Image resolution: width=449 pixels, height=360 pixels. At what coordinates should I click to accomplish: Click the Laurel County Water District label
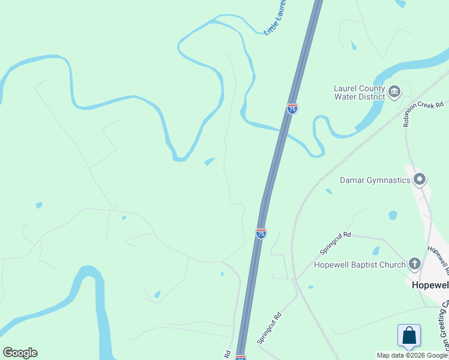tap(359, 92)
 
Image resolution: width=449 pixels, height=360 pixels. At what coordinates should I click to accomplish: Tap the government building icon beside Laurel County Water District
tap(394, 92)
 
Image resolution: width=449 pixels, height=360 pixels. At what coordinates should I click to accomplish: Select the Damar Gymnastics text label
tap(375, 179)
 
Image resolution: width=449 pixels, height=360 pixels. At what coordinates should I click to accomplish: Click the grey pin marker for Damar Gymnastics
tap(420, 179)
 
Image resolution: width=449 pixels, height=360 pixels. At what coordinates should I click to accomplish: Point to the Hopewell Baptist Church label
tap(360, 264)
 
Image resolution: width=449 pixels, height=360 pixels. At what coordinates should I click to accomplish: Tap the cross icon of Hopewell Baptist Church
tap(414, 263)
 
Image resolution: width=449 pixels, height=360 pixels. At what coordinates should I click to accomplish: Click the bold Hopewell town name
tap(429, 285)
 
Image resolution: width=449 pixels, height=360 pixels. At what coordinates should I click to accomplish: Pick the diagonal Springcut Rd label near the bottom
tap(270, 328)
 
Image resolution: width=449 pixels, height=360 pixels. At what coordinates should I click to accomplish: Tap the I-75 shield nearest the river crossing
tap(292, 109)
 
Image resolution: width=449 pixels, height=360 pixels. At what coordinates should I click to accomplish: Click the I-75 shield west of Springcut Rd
tap(261, 233)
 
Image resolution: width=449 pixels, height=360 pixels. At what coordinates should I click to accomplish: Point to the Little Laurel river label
tap(275, 18)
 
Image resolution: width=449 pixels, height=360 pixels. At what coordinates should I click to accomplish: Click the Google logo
tap(20, 353)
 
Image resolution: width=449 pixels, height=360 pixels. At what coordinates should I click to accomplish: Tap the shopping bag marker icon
tap(409, 335)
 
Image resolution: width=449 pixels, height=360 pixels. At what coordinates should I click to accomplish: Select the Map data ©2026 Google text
tap(412, 355)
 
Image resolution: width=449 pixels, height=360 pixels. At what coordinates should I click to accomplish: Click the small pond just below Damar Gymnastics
tap(393, 215)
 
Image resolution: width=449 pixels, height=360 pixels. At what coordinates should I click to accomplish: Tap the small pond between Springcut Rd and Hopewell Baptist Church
tap(375, 251)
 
